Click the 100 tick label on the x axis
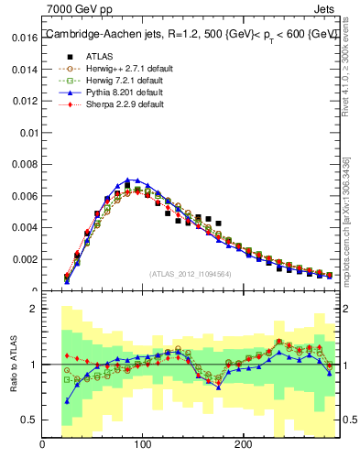click(142, 444)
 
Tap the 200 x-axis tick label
click(243, 444)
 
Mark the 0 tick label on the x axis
click(42, 444)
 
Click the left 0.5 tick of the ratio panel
click(27, 420)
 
